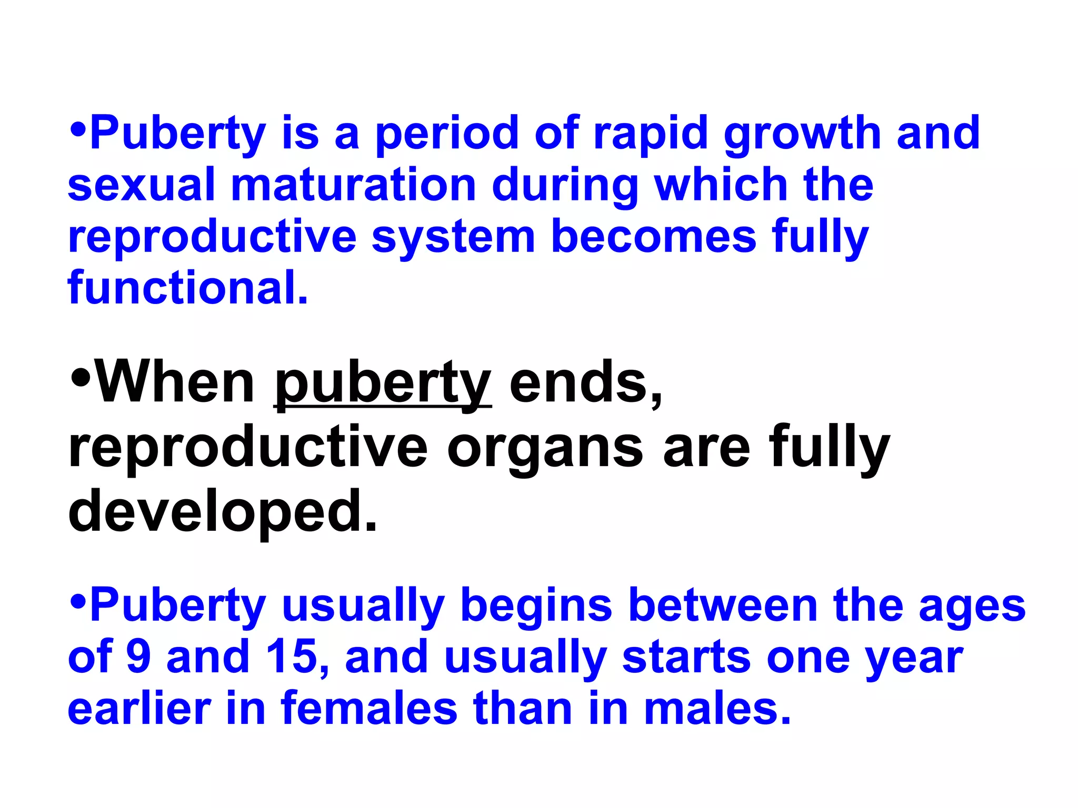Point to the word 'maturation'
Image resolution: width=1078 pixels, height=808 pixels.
click(x=353, y=185)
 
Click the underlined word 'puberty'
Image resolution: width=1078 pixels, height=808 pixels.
click(x=383, y=383)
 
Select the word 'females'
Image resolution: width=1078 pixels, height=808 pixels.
click(x=369, y=708)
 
